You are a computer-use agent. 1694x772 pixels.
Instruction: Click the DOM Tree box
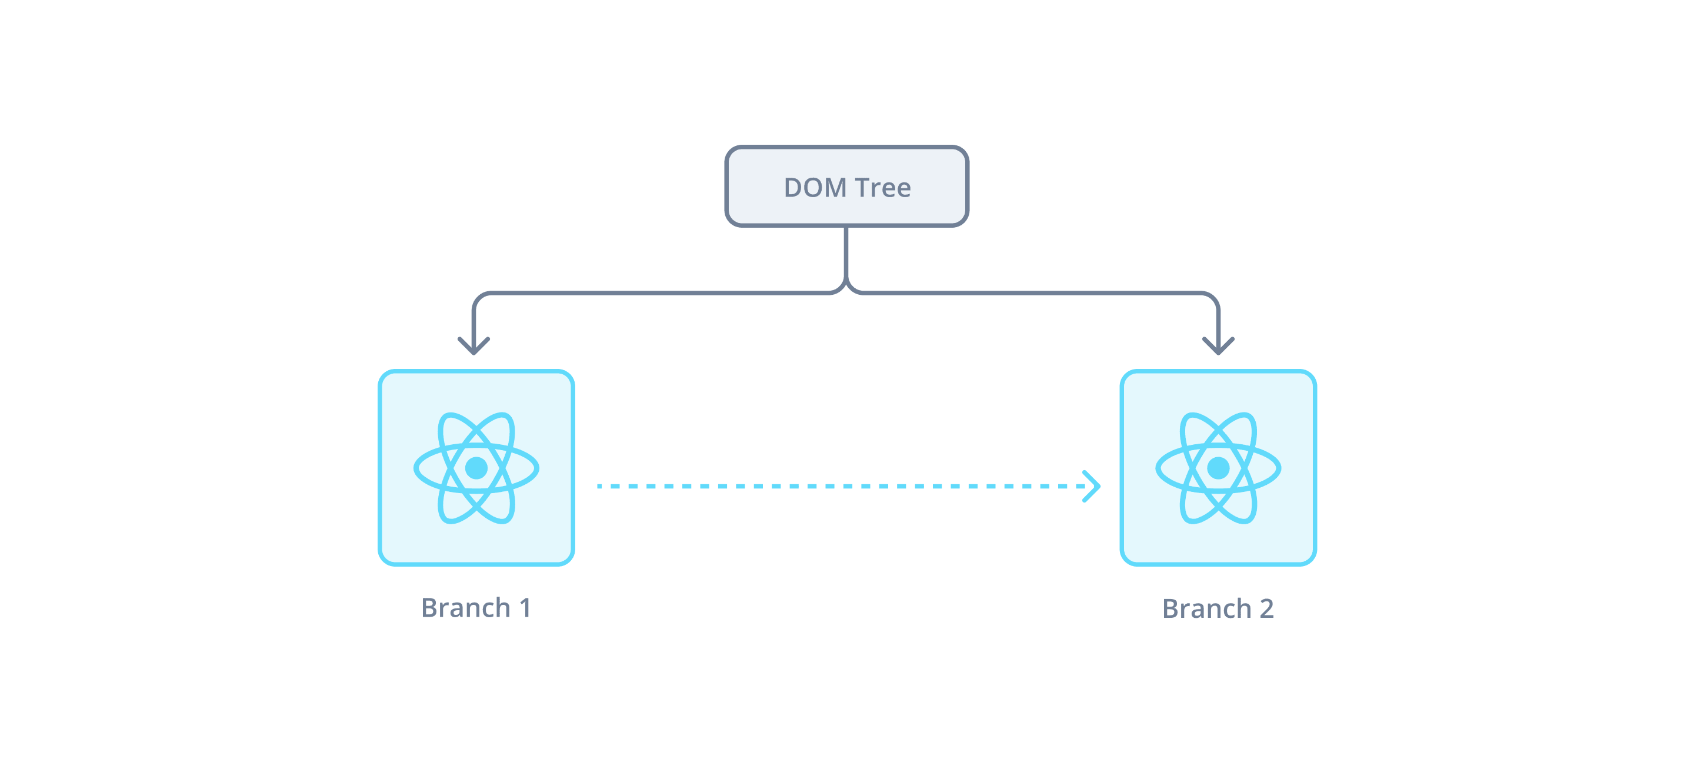846,186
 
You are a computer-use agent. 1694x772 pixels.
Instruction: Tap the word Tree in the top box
883,188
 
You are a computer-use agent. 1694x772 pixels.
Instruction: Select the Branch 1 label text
476,608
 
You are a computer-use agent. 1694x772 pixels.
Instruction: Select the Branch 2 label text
1218,608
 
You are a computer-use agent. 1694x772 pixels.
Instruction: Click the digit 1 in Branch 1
525,608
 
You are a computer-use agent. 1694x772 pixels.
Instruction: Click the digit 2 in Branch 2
1266,608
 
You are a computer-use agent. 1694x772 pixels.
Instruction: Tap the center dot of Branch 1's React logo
476,468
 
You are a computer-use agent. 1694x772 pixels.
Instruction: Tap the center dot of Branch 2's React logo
1218,468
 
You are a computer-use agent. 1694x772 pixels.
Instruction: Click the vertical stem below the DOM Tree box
846,253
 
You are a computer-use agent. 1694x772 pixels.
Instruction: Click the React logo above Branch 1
476,468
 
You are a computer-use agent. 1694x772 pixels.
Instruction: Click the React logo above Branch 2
1218,468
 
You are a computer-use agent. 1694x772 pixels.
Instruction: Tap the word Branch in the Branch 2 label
1207,608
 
